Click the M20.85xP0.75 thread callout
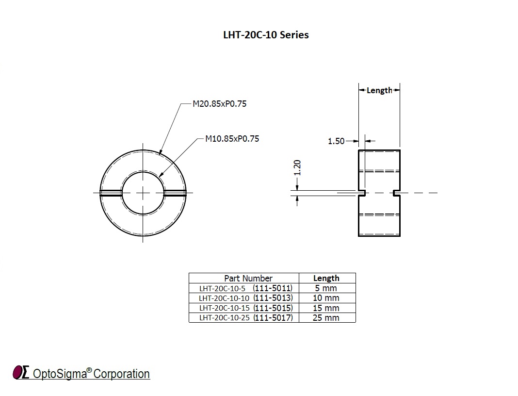219,104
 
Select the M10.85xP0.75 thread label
232,139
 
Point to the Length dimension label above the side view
379,90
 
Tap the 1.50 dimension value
336,141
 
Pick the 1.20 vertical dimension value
298,168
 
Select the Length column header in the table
326,278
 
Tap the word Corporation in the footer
121,374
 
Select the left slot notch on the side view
362,193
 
